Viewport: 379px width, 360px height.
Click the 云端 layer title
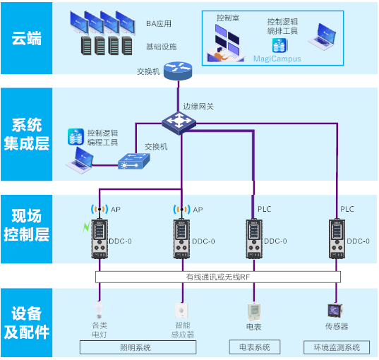tap(26, 37)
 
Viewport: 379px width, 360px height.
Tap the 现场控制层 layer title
tap(26, 226)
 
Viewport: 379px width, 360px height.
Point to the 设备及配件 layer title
tap(26, 321)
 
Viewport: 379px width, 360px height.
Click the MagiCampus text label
tap(277, 59)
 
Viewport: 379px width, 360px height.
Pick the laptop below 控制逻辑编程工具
tap(81, 163)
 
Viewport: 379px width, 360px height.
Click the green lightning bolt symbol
tap(88, 228)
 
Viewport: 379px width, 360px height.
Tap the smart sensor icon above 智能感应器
tap(182, 311)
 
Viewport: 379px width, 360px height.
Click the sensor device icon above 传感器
tap(335, 310)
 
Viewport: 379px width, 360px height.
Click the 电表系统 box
tap(253, 347)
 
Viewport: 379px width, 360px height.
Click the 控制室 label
tap(227, 18)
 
